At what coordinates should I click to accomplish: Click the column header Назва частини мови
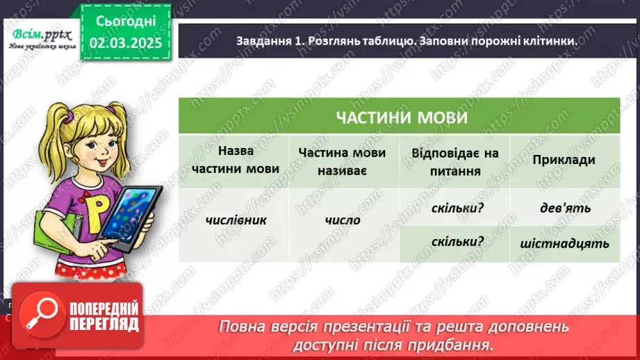(x=234, y=160)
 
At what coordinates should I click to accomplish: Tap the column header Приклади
(x=564, y=161)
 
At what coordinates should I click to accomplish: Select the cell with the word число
(x=343, y=220)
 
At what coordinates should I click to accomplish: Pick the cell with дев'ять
(x=564, y=206)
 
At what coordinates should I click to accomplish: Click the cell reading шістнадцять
(x=564, y=243)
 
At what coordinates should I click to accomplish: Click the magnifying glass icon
(x=35, y=315)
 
